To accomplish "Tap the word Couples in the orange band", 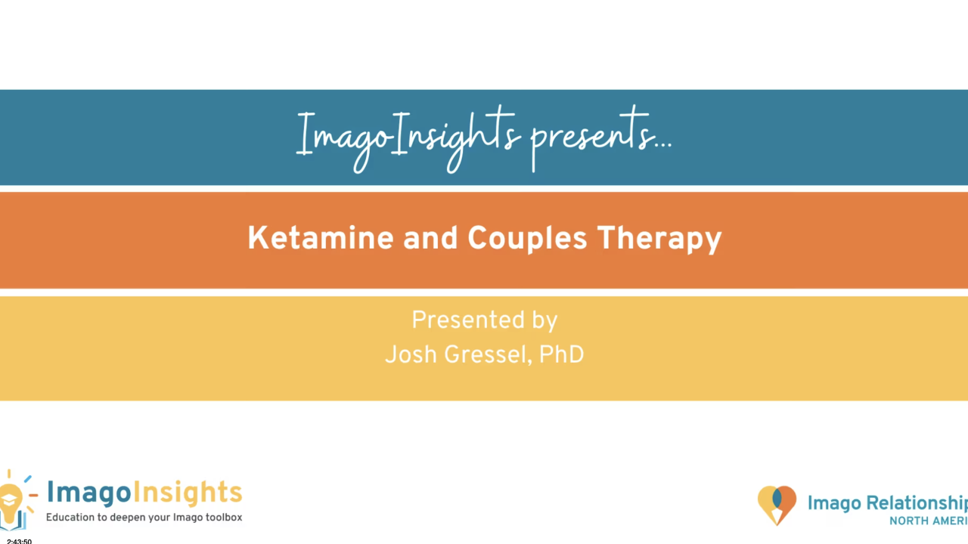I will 527,239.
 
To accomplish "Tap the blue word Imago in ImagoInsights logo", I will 89,492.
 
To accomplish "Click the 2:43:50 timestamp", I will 20,540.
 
